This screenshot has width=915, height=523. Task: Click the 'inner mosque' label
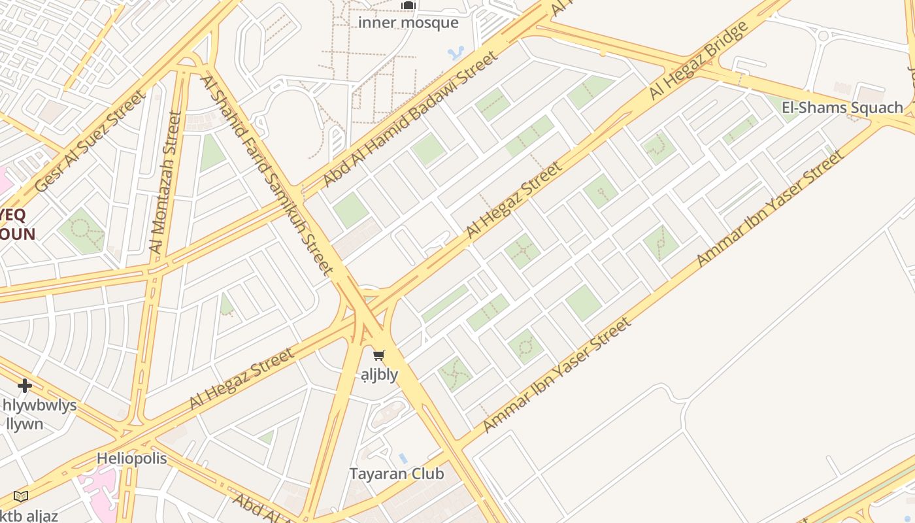(x=408, y=23)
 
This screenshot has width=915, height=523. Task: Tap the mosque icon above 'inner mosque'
(x=408, y=6)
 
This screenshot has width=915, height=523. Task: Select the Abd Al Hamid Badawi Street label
(x=411, y=118)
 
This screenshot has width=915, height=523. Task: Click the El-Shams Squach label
(x=842, y=107)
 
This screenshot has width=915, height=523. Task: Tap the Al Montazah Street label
(x=165, y=182)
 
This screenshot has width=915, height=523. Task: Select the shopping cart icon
(x=378, y=356)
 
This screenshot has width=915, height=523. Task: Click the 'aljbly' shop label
(x=380, y=375)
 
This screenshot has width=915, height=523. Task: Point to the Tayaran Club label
(x=397, y=474)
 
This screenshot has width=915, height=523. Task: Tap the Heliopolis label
(x=132, y=458)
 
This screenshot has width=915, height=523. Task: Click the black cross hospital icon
(x=25, y=385)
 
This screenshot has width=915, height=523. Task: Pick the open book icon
(x=21, y=496)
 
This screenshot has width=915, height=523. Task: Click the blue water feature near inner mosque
(x=456, y=52)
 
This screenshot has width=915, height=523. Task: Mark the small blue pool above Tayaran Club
(x=403, y=458)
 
